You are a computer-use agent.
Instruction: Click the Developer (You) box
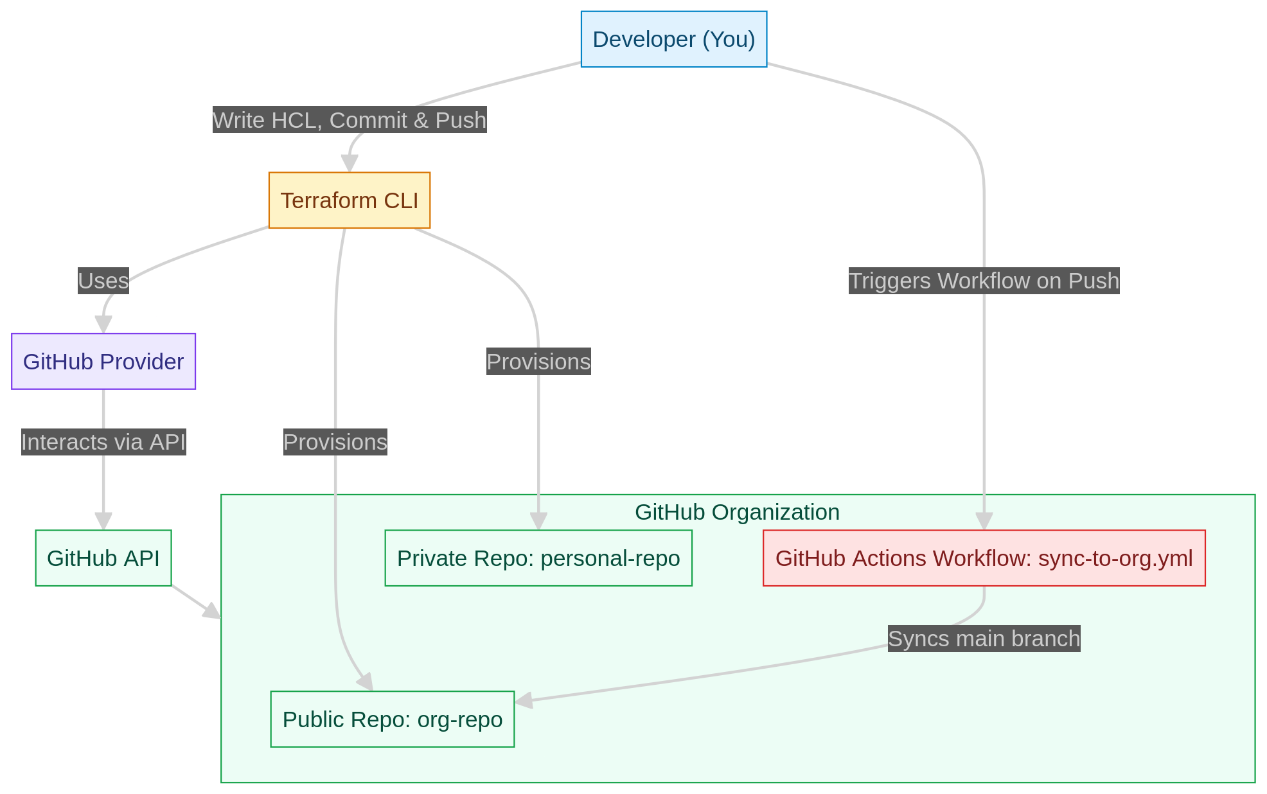(673, 39)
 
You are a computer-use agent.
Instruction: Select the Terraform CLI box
(349, 200)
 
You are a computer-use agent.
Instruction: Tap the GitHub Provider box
(103, 362)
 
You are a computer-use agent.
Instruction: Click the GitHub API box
(103, 558)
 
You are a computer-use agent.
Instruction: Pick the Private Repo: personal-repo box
(538, 558)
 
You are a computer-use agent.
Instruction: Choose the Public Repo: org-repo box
(393, 719)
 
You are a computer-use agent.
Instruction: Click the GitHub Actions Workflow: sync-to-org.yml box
(984, 558)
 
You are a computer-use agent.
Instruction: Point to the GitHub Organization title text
(737, 512)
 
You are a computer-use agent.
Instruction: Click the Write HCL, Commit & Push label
(350, 120)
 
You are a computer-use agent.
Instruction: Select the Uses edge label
(103, 281)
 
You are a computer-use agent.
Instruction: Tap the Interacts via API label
(103, 442)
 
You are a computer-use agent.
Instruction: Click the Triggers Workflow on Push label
(984, 281)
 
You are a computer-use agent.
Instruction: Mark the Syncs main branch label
(984, 639)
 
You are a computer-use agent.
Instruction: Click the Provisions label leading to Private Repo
(538, 362)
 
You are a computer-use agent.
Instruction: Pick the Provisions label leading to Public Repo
(335, 442)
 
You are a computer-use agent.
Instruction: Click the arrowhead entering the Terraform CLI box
(350, 164)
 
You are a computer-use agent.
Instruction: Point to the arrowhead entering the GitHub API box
(103, 522)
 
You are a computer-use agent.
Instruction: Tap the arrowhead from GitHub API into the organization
(212, 612)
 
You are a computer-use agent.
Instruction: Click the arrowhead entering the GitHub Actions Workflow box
(984, 522)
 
